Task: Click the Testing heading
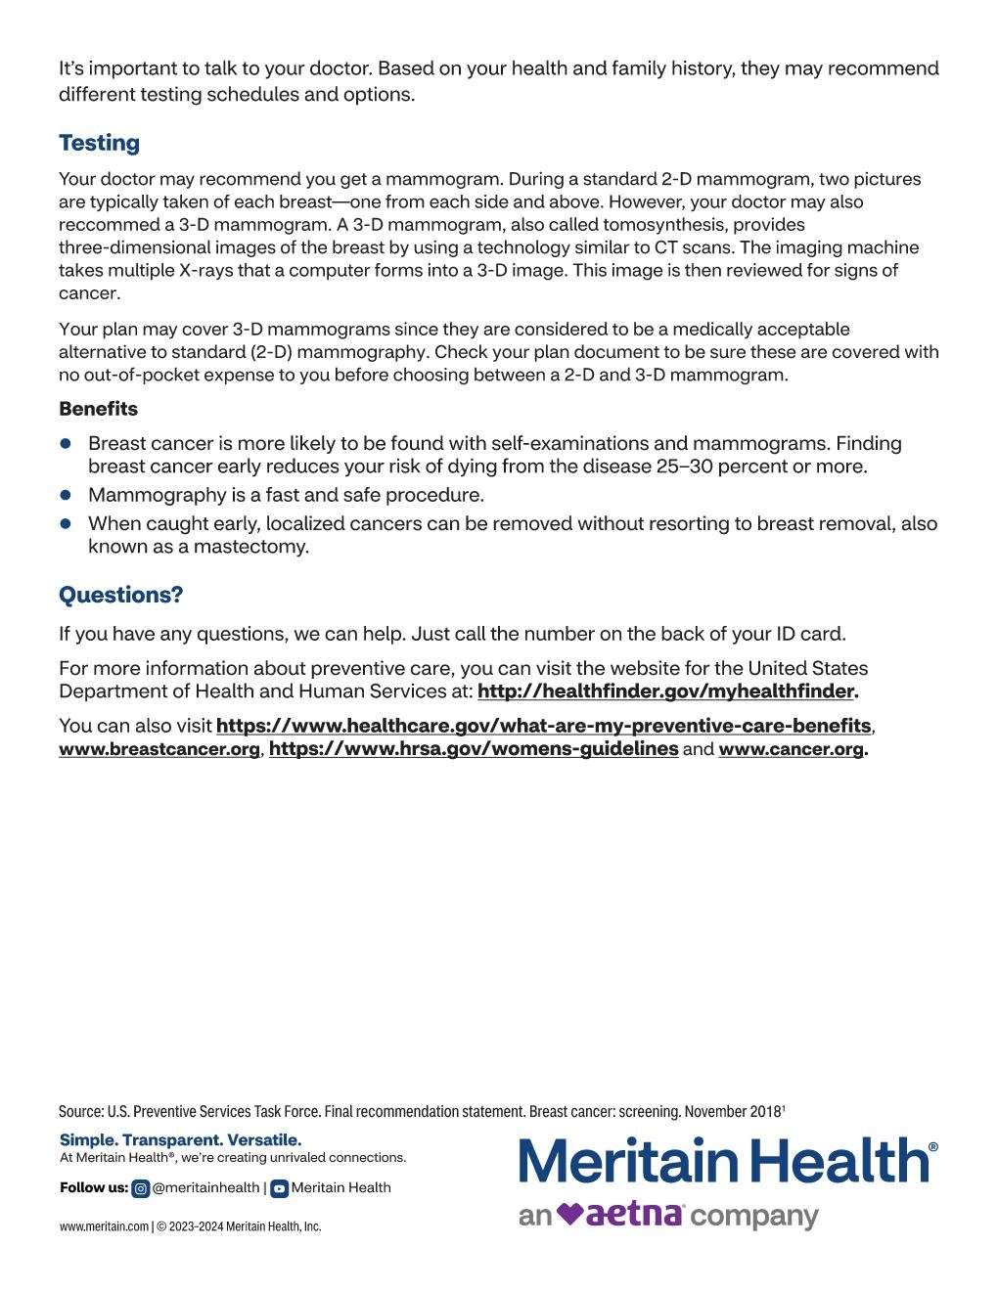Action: click(99, 143)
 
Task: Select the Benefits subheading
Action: click(98, 409)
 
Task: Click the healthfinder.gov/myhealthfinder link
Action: click(665, 691)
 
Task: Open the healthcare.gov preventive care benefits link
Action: click(543, 726)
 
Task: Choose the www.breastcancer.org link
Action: click(159, 749)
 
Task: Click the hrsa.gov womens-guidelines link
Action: click(474, 749)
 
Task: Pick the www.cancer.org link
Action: click(792, 749)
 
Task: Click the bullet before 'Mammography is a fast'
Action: click(67, 496)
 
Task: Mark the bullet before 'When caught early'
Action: click(67, 524)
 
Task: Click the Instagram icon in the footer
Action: click(141, 1188)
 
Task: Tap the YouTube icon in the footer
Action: click(279, 1188)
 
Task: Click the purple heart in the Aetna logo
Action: click(570, 1215)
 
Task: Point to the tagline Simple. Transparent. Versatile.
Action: click(181, 1140)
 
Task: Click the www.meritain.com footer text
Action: click(104, 1226)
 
